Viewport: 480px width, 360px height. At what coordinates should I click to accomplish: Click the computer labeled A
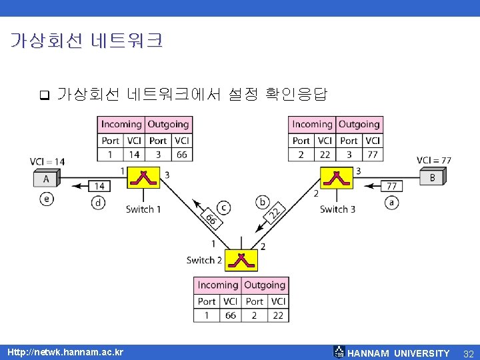(47, 178)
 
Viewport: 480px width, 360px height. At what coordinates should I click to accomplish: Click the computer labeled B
(433, 177)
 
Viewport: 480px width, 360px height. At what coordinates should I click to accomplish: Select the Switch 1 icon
(143, 178)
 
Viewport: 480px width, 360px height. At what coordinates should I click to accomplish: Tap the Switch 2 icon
(241, 260)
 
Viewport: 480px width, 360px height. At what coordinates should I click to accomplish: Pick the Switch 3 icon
(337, 178)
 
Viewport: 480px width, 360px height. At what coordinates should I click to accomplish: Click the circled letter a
(391, 203)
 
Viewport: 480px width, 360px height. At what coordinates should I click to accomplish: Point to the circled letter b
(263, 201)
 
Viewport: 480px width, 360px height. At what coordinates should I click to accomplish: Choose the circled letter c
(225, 207)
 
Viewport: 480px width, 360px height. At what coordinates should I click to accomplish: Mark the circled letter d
(99, 203)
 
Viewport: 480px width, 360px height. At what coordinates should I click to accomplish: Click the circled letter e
(46, 199)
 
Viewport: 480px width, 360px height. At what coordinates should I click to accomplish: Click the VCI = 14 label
(47, 161)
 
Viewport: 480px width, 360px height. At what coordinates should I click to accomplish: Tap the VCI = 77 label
(434, 160)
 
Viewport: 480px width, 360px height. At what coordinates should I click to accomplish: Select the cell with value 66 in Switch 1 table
(181, 155)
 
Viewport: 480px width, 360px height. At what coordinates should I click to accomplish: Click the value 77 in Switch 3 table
(372, 155)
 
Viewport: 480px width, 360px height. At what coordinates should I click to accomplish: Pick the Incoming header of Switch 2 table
(217, 285)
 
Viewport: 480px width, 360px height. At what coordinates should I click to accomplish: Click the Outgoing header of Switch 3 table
(359, 124)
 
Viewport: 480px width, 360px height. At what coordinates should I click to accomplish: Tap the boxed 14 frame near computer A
(99, 186)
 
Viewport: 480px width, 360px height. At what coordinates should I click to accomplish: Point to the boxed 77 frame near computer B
(392, 186)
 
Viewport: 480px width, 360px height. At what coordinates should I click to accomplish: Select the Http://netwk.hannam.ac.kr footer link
(65, 352)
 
